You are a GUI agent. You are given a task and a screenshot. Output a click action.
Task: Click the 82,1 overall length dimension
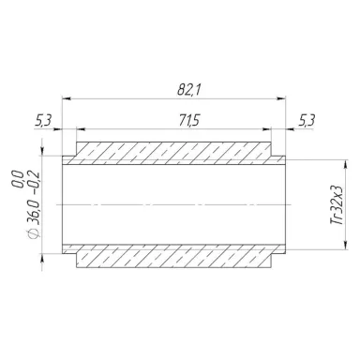click(189, 90)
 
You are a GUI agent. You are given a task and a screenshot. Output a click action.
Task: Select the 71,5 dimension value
click(189, 120)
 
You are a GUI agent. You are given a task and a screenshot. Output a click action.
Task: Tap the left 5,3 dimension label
click(43, 120)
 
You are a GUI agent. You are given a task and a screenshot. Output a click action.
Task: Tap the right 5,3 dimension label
click(307, 120)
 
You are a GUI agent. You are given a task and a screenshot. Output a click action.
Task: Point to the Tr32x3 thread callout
click(337, 204)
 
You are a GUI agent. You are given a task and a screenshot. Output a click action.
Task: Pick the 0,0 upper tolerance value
click(18, 179)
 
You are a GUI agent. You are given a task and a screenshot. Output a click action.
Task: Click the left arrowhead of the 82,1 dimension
click(67, 98)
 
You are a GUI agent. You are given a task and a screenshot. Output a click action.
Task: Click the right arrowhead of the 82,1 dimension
click(281, 98)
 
